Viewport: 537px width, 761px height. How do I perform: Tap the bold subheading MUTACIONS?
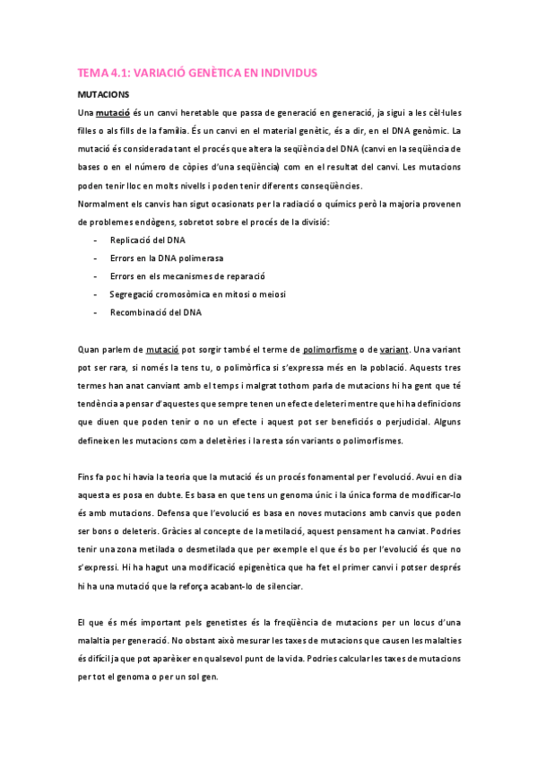(104, 93)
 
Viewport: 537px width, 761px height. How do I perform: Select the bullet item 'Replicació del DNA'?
(148, 241)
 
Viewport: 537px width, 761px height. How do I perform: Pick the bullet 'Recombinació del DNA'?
(155, 313)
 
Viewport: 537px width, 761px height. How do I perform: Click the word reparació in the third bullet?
(253, 276)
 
